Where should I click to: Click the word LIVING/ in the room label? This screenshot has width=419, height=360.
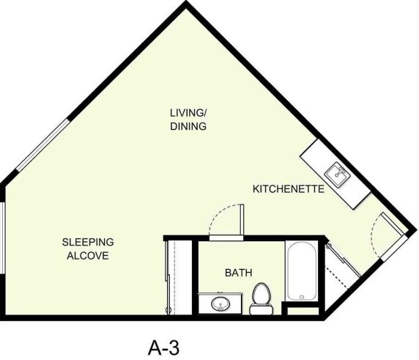(x=188, y=112)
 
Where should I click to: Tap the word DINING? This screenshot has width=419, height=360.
(x=188, y=126)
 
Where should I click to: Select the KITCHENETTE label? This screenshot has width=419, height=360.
(x=288, y=188)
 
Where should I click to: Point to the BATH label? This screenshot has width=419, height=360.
(x=238, y=273)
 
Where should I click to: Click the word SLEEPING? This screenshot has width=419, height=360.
(x=87, y=242)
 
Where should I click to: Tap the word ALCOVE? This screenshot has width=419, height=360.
(x=87, y=256)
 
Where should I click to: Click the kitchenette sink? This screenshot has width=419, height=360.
(x=338, y=173)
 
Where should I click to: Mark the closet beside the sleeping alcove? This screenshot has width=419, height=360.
(x=178, y=276)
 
